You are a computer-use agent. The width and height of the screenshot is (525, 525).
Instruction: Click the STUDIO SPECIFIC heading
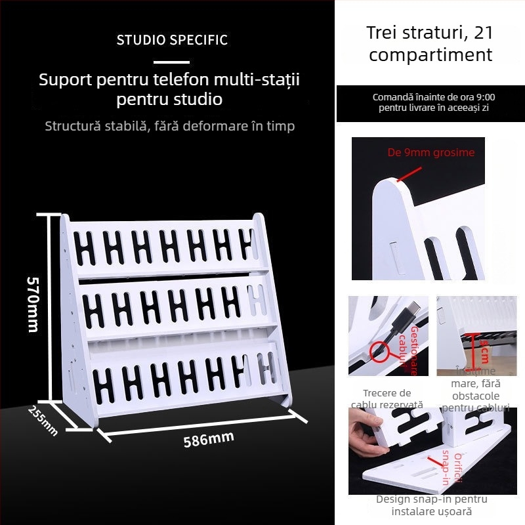[x=172, y=40]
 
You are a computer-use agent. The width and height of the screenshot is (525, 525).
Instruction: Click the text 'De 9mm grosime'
[x=431, y=153]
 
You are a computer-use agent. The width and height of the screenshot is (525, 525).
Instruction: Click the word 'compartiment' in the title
[x=430, y=54]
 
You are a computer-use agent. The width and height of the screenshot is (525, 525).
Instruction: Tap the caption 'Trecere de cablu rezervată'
[x=387, y=399]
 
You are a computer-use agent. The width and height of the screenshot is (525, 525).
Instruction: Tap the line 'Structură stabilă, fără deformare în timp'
[x=170, y=126]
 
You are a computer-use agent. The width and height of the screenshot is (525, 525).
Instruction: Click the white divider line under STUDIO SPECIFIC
[x=172, y=62]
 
